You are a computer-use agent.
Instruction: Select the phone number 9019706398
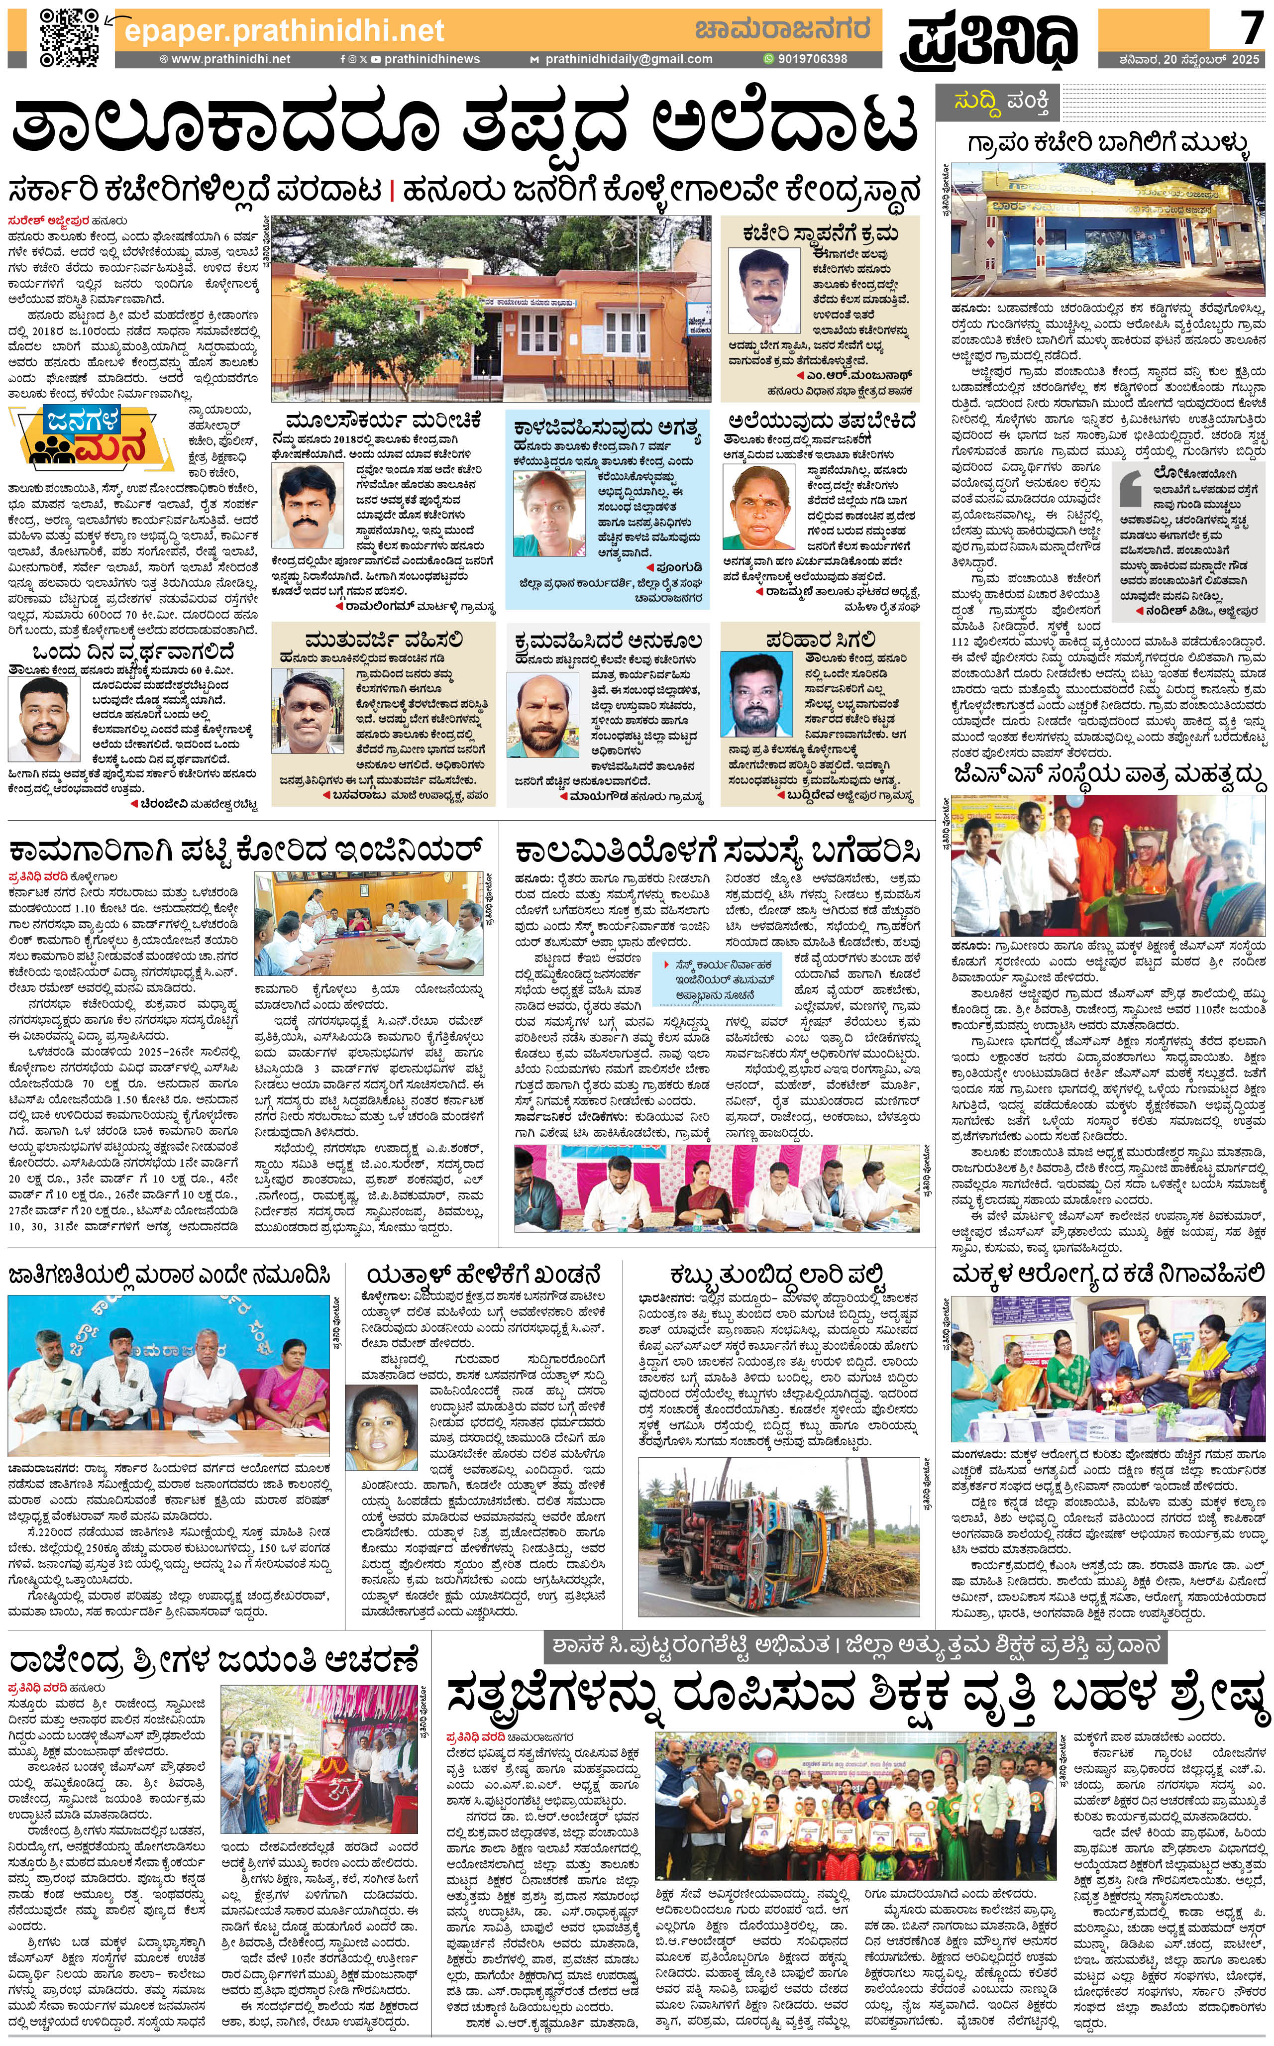(x=811, y=59)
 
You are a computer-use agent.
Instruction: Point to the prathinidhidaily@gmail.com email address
(x=628, y=59)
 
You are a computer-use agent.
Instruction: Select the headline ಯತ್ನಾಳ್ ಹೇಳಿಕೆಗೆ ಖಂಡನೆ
(x=485, y=1275)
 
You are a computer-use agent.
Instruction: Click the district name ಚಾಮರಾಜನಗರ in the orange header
(x=781, y=29)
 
